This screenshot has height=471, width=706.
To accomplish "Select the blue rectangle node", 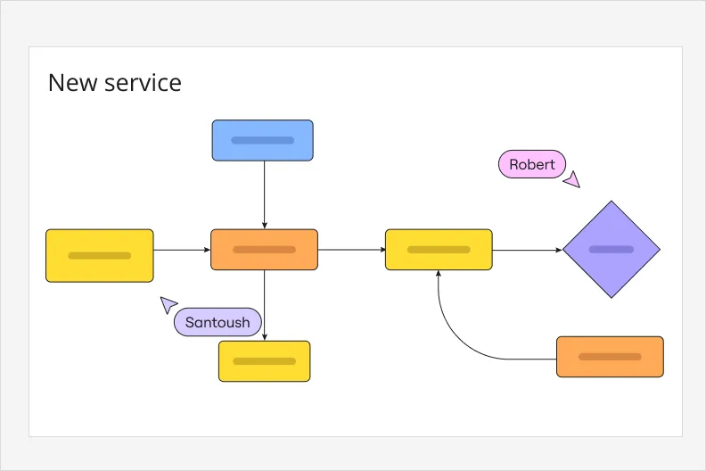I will pos(262,140).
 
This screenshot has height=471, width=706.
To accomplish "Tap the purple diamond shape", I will pos(612,250).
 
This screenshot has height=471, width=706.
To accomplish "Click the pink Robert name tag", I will pos(531,164).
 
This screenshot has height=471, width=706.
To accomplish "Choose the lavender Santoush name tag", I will pos(218,322).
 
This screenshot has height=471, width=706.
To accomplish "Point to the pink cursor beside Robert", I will pos(572,179).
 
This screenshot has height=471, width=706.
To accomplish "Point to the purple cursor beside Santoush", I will pos(168,305).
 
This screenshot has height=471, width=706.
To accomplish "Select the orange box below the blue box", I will pos(264,250).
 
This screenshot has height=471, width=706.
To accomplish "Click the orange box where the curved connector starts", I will pos(610,357).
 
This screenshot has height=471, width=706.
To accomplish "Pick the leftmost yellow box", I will pos(99,255).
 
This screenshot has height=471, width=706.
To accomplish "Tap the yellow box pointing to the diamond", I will pos(439,250).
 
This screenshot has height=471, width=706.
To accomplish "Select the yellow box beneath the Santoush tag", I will pos(264,361).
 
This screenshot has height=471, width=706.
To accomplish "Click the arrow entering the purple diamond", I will pos(528,250).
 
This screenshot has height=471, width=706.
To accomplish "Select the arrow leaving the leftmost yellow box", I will pos(182,250).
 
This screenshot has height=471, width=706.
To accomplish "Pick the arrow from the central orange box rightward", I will pos(351,250).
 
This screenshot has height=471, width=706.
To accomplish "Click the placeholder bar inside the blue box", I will pos(262,140).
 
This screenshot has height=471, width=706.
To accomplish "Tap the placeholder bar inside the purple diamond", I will pos(612,250).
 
